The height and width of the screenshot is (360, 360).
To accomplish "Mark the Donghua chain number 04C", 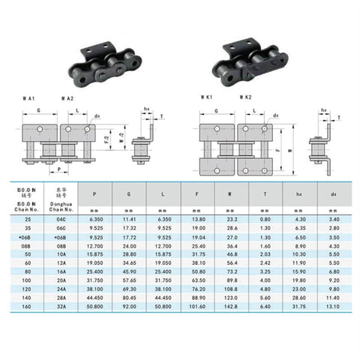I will coord(63,217).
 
